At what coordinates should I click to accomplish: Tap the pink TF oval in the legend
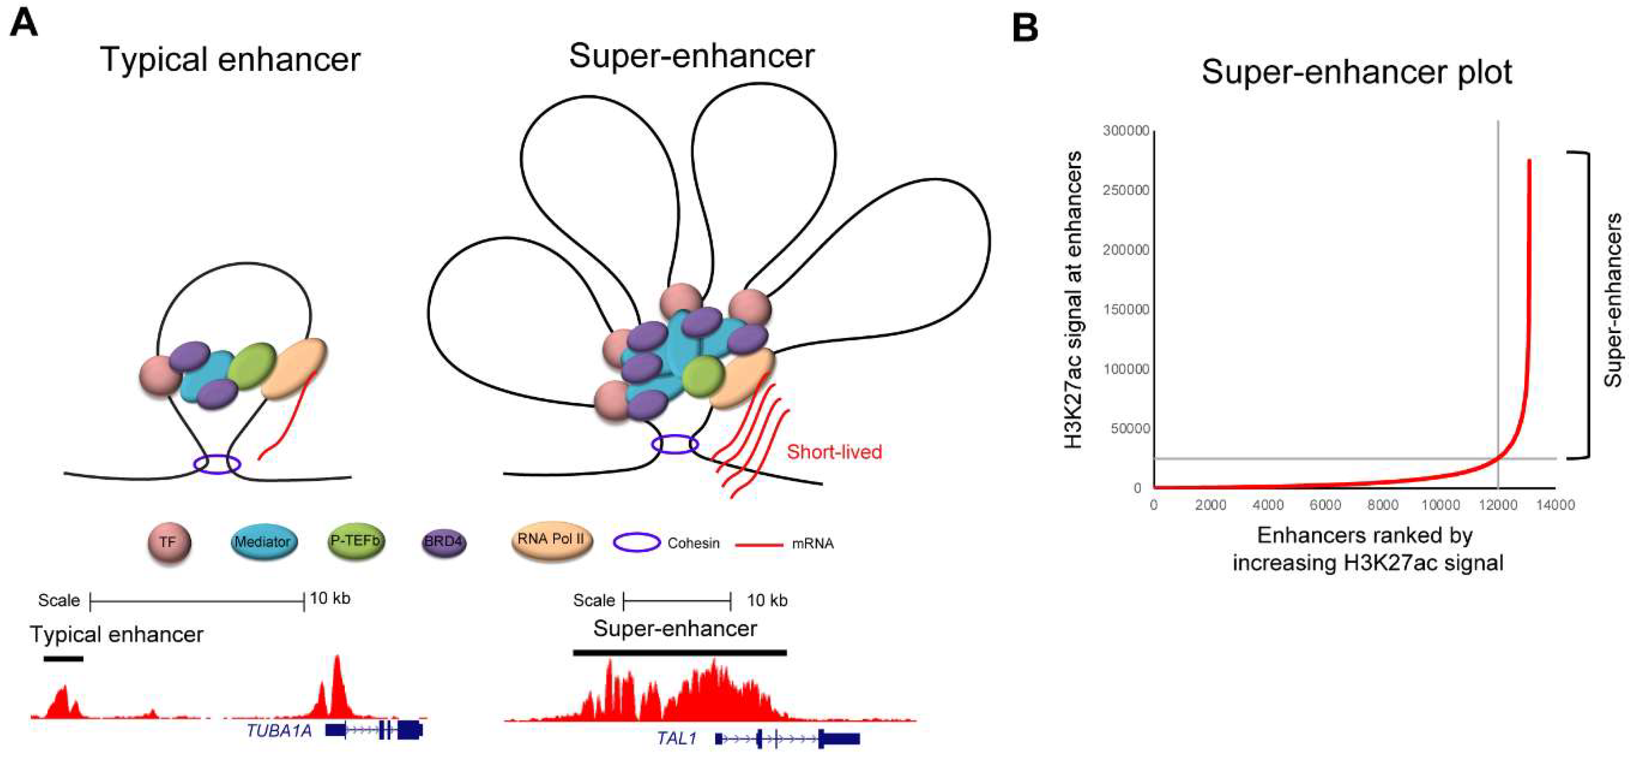[168, 542]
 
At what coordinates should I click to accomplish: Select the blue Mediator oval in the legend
[263, 542]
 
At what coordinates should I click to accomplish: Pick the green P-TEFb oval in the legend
[355, 541]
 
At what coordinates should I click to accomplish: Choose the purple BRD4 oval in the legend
[444, 542]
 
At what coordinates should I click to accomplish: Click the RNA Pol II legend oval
[552, 540]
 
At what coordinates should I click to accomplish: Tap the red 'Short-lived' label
[834, 452]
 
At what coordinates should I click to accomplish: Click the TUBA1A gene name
[279, 730]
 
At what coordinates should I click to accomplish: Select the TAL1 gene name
[677, 738]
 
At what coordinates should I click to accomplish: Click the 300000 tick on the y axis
[1126, 131]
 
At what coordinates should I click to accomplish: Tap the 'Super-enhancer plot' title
[1357, 72]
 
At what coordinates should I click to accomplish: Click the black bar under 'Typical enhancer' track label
[63, 659]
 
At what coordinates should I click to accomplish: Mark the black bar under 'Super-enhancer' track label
[680, 652]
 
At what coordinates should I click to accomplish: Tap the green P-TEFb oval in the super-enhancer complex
[703, 376]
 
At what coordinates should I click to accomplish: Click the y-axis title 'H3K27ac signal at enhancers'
[1073, 299]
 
